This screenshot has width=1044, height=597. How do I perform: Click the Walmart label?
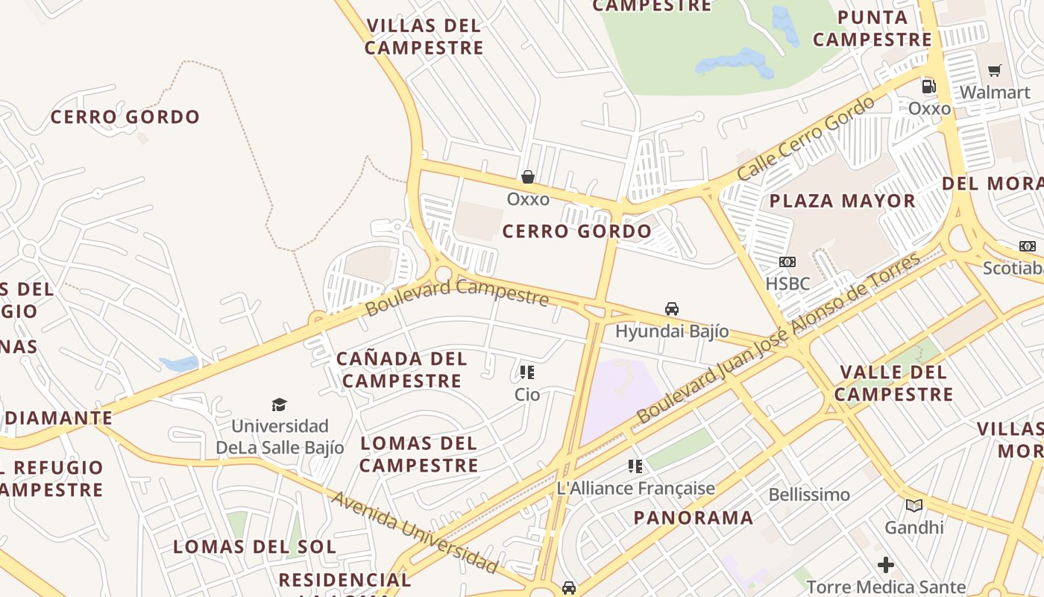click(995, 93)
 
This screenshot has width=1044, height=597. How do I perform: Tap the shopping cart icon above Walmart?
click(994, 71)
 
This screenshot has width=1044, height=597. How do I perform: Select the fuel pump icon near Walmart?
click(928, 86)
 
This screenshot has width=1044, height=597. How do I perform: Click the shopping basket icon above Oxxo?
click(528, 177)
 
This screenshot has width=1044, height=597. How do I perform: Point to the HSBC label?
click(787, 284)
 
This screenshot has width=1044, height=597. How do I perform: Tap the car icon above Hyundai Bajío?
click(672, 308)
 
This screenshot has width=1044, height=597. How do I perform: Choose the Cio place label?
click(527, 394)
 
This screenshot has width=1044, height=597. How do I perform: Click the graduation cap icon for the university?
click(280, 404)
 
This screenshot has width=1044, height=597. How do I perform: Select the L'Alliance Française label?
click(636, 489)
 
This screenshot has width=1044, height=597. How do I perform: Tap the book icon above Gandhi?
click(913, 505)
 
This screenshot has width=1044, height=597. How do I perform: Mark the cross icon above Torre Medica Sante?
click(886, 565)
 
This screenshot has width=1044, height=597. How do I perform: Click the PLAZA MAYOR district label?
click(842, 201)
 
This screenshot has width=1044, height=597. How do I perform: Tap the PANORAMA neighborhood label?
click(694, 518)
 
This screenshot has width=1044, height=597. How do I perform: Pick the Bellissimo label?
click(809, 495)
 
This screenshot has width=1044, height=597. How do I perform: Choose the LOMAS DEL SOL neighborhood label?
click(254, 547)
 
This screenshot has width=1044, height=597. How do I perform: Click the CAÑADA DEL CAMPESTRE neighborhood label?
click(402, 369)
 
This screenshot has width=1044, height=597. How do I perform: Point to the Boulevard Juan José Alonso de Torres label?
click(779, 338)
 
